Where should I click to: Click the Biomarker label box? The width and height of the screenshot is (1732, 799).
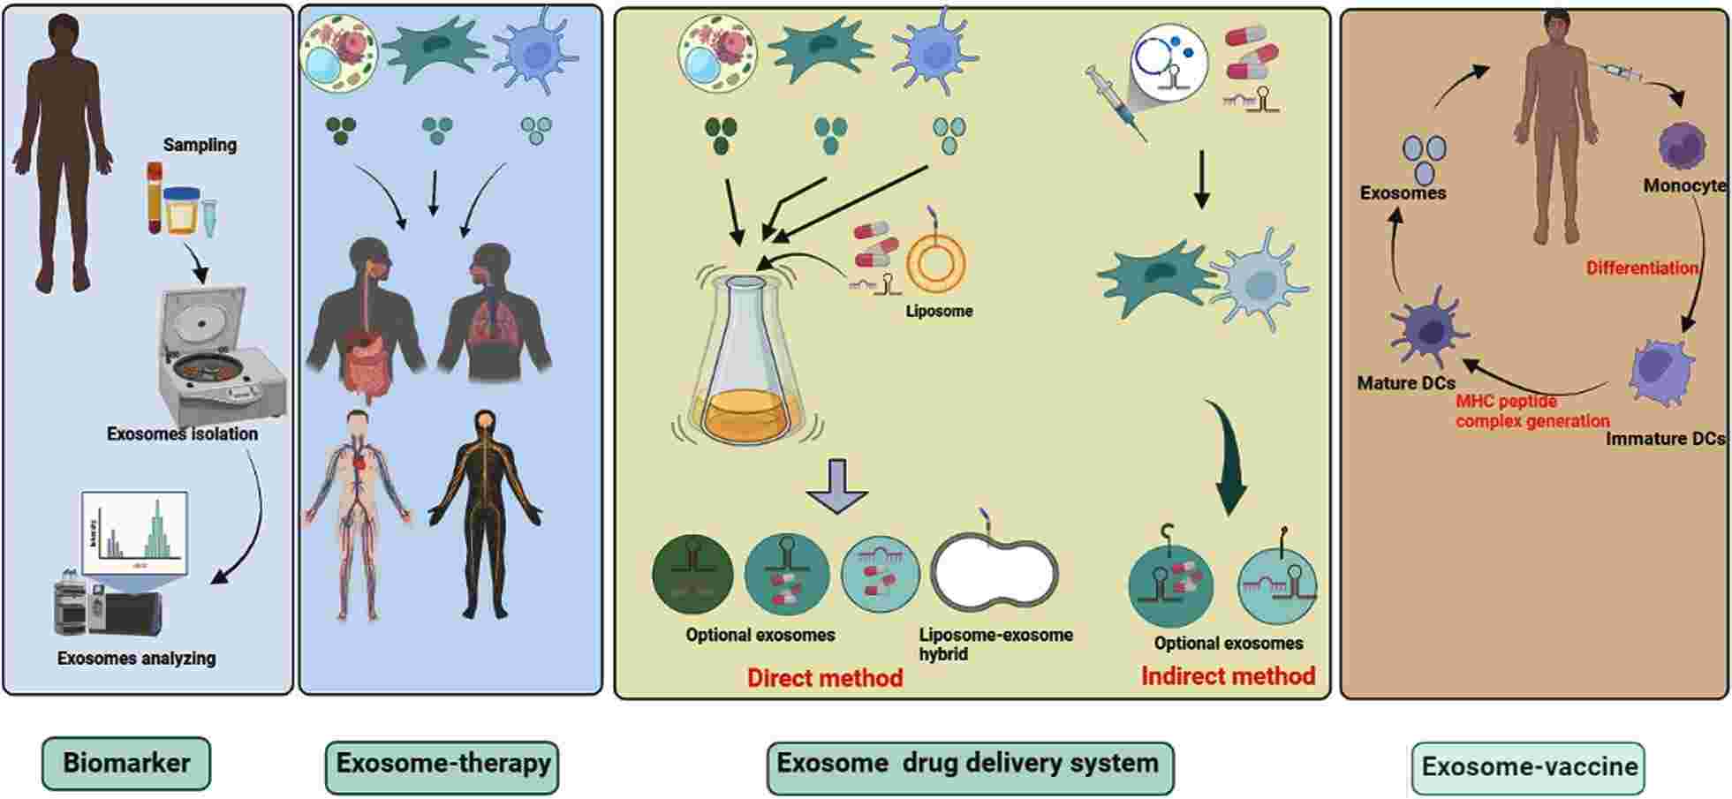[126, 764]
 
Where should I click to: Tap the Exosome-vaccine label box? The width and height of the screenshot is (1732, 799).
[1528, 767]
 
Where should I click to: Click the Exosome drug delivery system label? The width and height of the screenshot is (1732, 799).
[968, 765]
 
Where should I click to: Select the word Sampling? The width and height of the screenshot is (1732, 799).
[200, 145]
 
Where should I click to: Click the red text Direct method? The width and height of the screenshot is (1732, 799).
[824, 678]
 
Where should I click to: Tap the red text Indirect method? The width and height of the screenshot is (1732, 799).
[1227, 676]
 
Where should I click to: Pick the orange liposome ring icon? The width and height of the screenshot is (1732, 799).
[937, 262]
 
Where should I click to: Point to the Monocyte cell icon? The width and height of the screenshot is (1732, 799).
[1680, 146]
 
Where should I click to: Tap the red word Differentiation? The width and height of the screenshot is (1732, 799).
[1641, 268]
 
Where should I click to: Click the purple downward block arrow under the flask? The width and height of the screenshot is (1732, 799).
[836, 485]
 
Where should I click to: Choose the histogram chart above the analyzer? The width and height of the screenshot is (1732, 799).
[135, 532]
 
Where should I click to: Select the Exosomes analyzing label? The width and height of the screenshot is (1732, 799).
[137, 659]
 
